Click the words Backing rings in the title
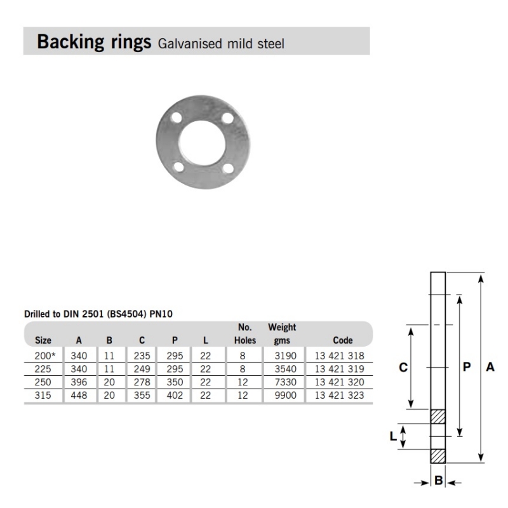[x=94, y=42]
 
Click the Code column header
[x=342, y=340]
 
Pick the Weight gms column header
[x=282, y=334]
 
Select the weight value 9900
[x=281, y=395]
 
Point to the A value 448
[x=79, y=395]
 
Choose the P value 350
[x=174, y=382]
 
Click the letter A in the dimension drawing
[x=490, y=367]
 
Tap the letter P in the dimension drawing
[x=467, y=367]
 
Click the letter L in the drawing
[x=393, y=436]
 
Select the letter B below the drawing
[x=438, y=481]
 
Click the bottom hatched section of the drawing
[x=438, y=456]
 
